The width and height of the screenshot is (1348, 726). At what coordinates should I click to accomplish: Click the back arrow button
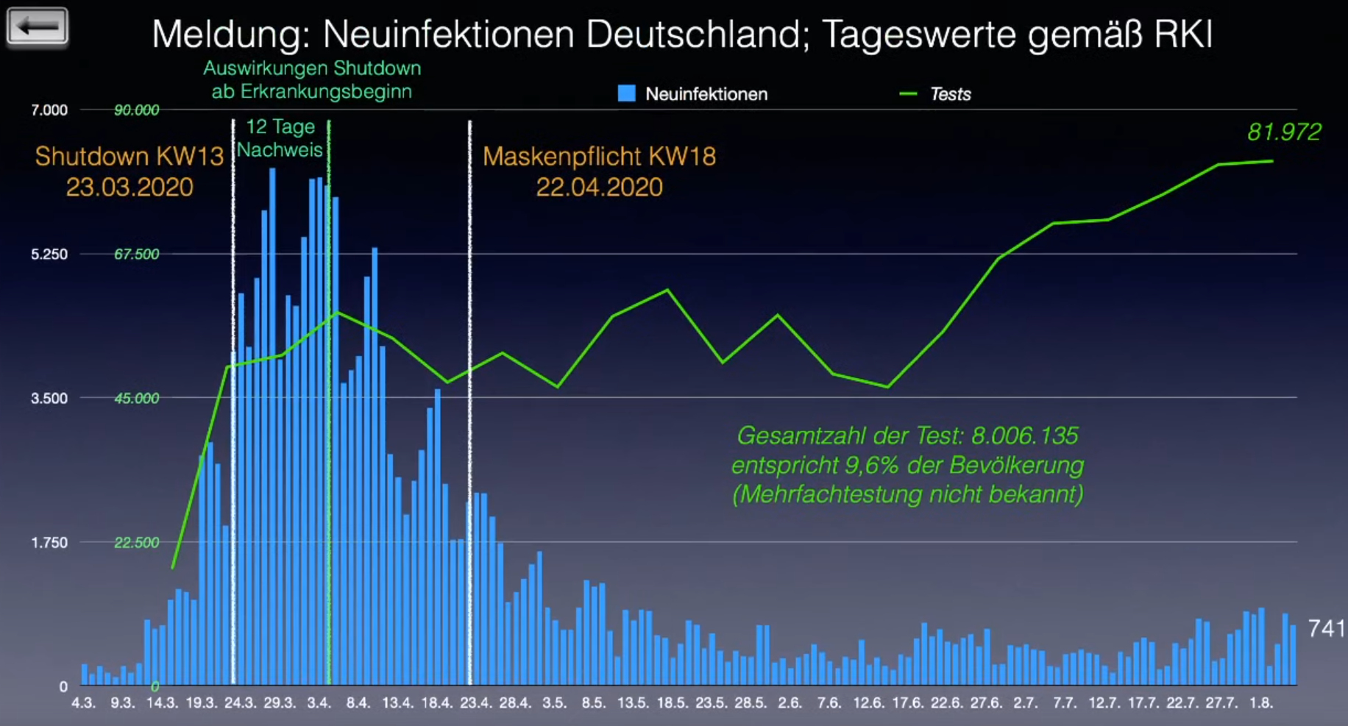point(38,26)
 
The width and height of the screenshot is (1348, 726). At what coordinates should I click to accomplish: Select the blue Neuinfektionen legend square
point(626,93)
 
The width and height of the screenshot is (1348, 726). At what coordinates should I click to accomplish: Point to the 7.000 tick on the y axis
point(49,110)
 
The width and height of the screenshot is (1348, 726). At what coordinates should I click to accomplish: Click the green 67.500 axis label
point(136,255)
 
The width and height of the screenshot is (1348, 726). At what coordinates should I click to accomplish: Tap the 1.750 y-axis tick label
point(49,543)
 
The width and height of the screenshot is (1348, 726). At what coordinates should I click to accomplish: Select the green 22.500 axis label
point(136,543)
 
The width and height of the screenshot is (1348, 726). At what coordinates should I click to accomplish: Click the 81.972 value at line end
point(1284,132)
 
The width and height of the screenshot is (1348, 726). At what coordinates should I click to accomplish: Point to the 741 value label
point(1326,628)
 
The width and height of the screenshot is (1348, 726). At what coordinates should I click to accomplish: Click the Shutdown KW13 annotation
point(130,157)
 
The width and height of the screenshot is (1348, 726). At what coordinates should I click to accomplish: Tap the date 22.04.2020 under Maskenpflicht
point(599,188)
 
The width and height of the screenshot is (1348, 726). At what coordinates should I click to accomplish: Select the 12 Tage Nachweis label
point(280,138)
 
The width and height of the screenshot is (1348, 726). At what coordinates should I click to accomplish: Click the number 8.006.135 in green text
point(1024,435)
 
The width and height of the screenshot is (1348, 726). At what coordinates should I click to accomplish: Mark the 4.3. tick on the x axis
point(83,703)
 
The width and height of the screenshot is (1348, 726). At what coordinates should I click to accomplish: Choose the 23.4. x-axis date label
point(475,703)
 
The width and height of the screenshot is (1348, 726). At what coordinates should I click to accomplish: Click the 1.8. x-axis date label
point(1260,703)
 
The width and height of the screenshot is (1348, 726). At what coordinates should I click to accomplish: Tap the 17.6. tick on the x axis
point(907,703)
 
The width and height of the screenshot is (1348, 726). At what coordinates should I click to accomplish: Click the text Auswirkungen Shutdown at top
point(312,68)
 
